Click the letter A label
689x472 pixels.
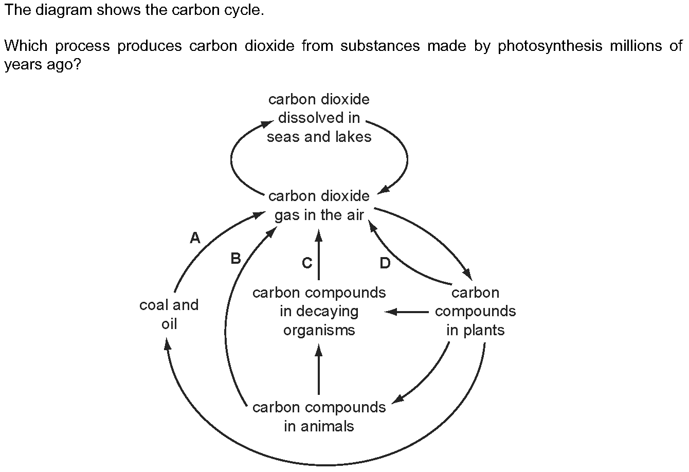[195, 238]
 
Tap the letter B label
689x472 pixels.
[236, 258]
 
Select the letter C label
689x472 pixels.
[307, 263]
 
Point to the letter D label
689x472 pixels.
[385, 263]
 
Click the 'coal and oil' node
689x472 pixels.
[169, 314]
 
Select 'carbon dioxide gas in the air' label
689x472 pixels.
[319, 206]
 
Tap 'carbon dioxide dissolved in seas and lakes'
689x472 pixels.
[319, 118]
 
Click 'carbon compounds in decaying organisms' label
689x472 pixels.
[319, 311]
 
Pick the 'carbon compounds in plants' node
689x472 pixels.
[475, 311]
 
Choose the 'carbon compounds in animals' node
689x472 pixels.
[319, 416]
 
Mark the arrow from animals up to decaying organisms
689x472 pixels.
[318, 370]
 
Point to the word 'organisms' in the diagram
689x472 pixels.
[319, 330]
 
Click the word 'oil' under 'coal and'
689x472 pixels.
[169, 324]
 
